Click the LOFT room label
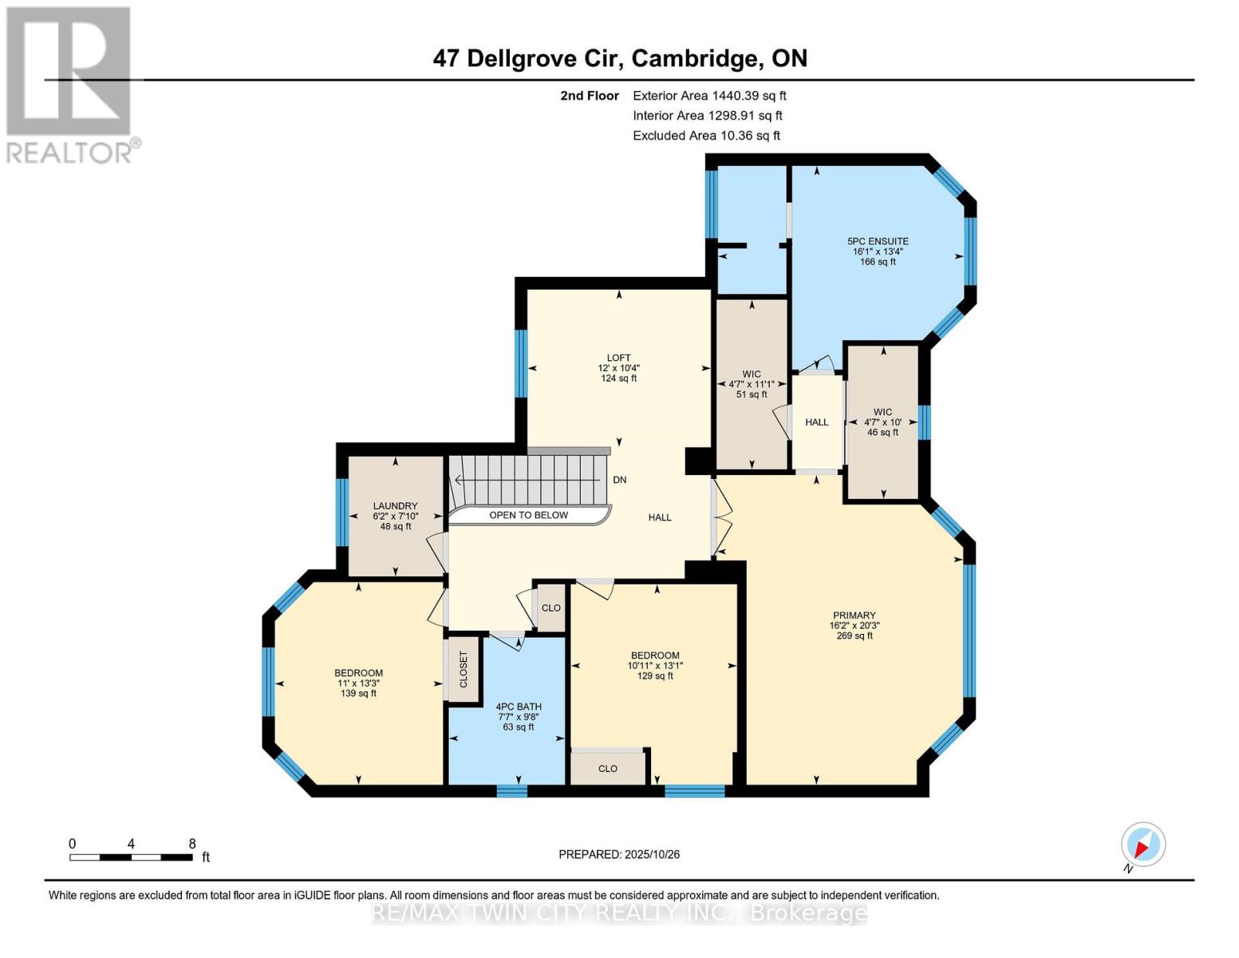coord(618,358)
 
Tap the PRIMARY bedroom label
coord(854,616)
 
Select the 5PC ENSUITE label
coord(878,241)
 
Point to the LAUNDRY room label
coord(395,506)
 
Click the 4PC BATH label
coord(519,707)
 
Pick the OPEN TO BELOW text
coord(528,515)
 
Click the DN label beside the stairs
coord(620,480)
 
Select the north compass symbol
coord(1143,845)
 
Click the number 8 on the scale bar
coord(192,844)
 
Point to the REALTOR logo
coord(70,84)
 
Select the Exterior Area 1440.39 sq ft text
coord(709,95)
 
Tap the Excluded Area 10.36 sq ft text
coord(706,136)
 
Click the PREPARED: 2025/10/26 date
coord(619,854)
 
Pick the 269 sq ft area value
coord(854,635)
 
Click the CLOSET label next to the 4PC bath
coord(464,669)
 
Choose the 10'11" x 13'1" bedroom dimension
coord(656,665)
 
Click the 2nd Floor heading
coord(590,96)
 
